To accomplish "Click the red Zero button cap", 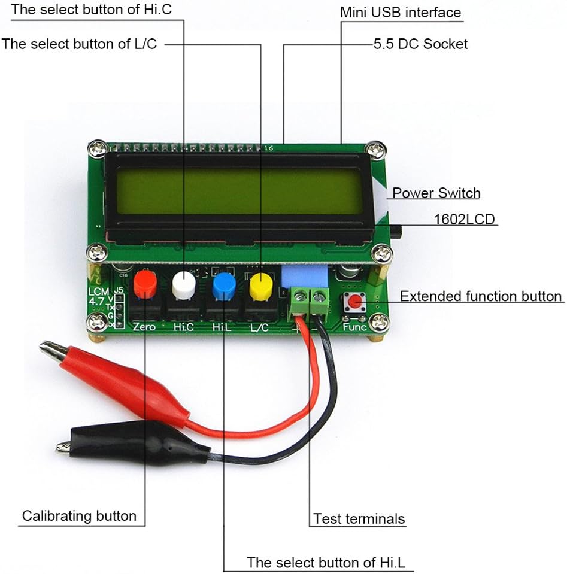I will pyautogui.click(x=145, y=284).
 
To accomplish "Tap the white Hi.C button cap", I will pyautogui.click(x=184, y=284).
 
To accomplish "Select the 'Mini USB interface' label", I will pyautogui.click(x=401, y=12).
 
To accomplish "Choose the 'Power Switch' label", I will pyautogui.click(x=436, y=193).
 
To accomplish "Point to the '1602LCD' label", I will pyautogui.click(x=465, y=219).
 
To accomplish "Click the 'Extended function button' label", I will pyautogui.click(x=481, y=296).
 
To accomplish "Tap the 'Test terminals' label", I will pyautogui.click(x=359, y=518).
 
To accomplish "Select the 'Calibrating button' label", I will pyautogui.click(x=79, y=515).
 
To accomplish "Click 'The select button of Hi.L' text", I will pyautogui.click(x=330, y=562).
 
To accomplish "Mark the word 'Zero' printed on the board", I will pyautogui.click(x=144, y=327).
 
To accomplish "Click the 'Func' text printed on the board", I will pyautogui.click(x=354, y=327).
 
